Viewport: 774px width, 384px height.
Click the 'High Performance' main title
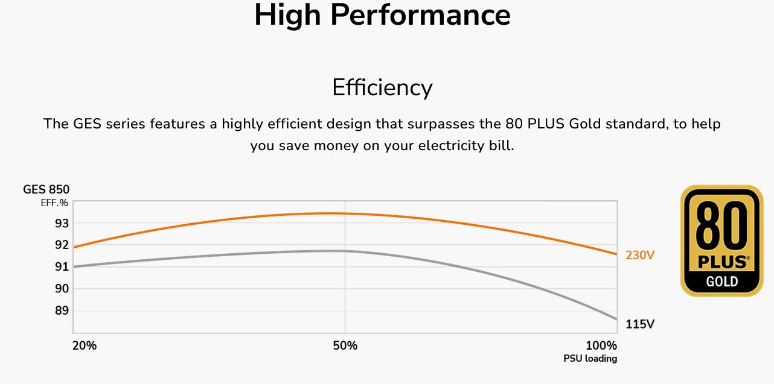point(382,16)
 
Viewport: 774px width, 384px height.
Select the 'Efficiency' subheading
point(382,88)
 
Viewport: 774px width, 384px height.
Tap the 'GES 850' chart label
point(46,189)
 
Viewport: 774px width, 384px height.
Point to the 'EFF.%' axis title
point(54,203)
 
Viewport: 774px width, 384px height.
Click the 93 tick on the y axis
point(62,223)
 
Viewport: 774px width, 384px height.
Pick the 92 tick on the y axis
point(62,245)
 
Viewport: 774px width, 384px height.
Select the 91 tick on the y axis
point(62,266)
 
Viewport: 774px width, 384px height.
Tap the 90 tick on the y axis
point(62,289)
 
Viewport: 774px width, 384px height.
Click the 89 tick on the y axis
point(62,310)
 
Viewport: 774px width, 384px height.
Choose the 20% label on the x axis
point(85,346)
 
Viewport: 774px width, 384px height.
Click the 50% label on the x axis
point(345,346)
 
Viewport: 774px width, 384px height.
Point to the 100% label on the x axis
point(601,346)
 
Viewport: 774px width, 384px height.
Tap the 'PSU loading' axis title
point(590,359)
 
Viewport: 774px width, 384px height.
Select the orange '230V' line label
point(640,256)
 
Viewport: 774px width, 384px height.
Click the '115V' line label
point(640,324)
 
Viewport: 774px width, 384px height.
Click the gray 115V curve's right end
point(616,319)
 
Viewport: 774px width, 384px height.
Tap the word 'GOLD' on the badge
point(722,281)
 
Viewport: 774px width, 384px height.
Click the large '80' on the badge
point(722,227)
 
